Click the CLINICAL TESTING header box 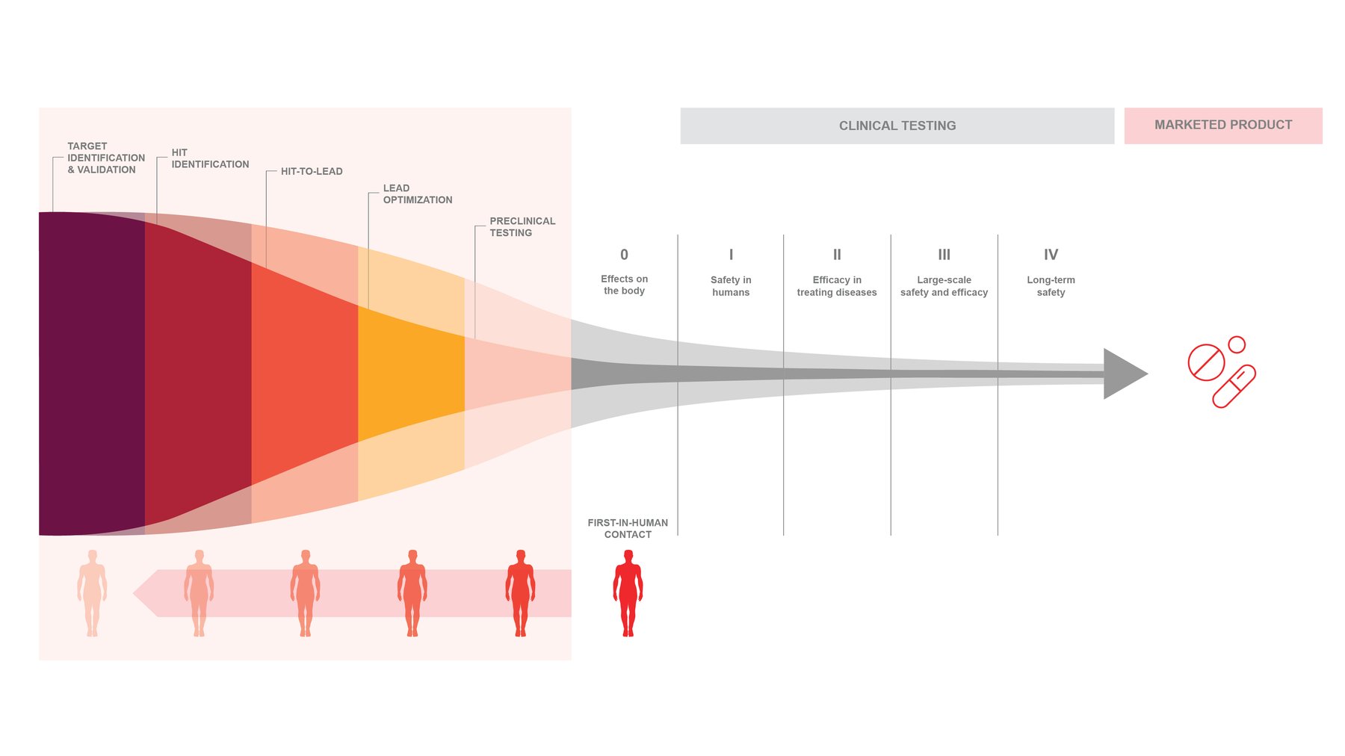(897, 126)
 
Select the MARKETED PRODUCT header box (1222, 125)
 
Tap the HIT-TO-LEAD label (312, 171)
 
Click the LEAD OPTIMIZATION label (417, 194)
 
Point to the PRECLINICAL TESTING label (522, 227)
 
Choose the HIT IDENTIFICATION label (210, 158)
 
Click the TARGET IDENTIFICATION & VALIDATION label (105, 158)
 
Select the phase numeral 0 (624, 255)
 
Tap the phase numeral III (944, 255)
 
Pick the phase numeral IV (1051, 255)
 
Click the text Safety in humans (731, 286)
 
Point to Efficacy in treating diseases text (837, 286)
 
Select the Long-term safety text (1051, 286)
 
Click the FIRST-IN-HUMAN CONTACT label (628, 528)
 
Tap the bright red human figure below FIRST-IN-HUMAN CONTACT (628, 592)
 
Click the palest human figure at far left (92, 592)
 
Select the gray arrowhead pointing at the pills (1123, 374)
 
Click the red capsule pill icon (1234, 386)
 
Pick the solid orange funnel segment (411, 374)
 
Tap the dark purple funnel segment (91, 374)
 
